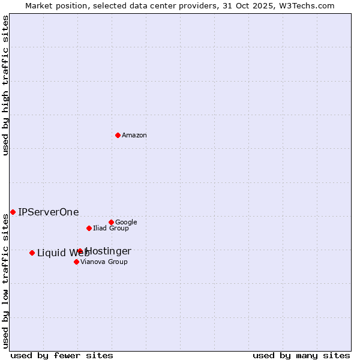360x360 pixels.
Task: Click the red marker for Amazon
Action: click(118, 135)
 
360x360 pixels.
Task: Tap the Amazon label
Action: click(134, 136)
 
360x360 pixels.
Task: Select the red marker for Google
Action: click(111, 222)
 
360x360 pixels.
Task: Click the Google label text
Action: click(126, 223)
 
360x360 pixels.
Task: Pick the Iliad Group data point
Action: click(89, 228)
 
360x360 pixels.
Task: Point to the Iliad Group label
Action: click(111, 229)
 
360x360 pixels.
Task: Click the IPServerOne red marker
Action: click(13, 212)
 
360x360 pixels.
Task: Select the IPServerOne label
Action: click(49, 212)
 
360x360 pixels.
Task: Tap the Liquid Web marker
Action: click(32, 253)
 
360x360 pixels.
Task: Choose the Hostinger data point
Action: click(80, 251)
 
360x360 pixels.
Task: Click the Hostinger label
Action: click(109, 251)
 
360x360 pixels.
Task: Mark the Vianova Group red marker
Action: click(76, 262)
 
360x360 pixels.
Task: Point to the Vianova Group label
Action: click(104, 262)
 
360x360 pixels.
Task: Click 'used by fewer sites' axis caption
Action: click(62, 356)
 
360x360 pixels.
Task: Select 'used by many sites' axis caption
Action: click(301, 356)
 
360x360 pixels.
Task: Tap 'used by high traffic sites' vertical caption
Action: click(5, 85)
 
